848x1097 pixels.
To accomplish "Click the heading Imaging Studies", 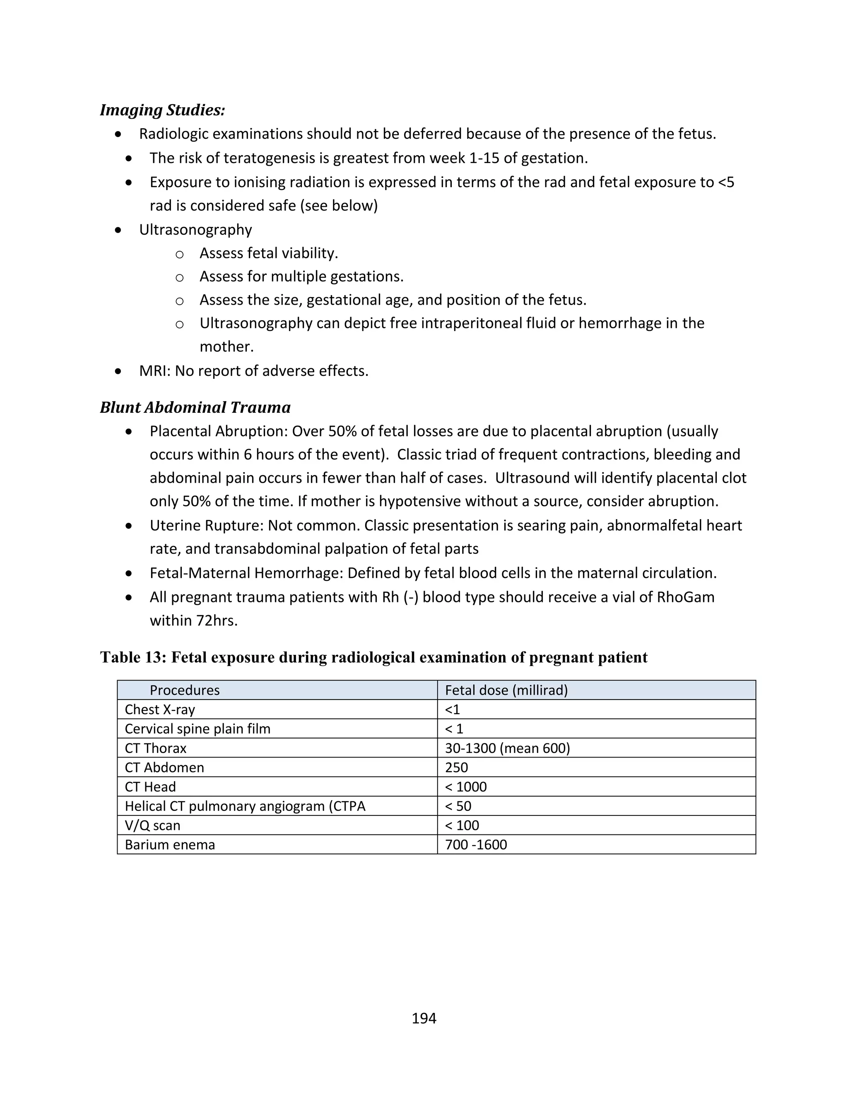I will pos(162,110).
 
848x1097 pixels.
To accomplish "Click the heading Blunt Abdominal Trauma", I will pos(195,407).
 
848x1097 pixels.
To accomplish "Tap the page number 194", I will pos(424,1018).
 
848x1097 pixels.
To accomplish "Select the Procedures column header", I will pos(184,690).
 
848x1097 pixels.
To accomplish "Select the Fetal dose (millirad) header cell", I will pos(506,690).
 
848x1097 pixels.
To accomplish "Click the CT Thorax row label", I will pos(155,748).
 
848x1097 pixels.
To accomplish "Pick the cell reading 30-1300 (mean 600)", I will pos(507,748).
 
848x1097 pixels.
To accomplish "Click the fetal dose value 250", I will pos(456,767).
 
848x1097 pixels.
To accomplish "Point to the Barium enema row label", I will pos(170,844).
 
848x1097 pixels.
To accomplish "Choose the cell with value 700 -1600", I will pos(476,844).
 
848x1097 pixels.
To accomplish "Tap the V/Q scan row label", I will pos(152,825).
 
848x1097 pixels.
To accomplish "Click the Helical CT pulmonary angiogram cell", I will pos(245,806).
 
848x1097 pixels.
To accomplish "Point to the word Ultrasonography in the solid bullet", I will pos(195,230).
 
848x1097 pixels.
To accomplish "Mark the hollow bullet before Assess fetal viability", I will pos(179,255).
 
